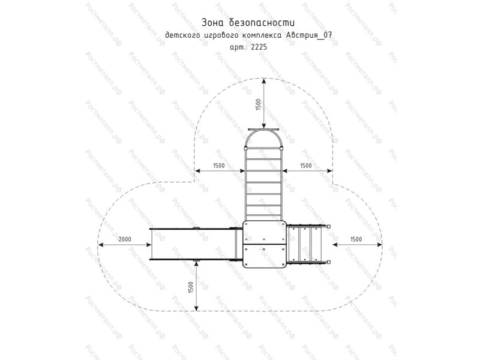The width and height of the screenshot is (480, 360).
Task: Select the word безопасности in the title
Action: pos(262,22)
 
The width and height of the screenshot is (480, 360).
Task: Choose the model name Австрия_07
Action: pos(308,35)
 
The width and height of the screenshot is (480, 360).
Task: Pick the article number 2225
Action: pos(259,47)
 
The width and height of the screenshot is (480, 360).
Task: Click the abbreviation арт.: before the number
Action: pos(239,47)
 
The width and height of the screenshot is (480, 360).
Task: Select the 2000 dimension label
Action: pos(125,239)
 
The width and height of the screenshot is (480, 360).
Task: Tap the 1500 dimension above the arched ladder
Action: pos(259,104)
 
